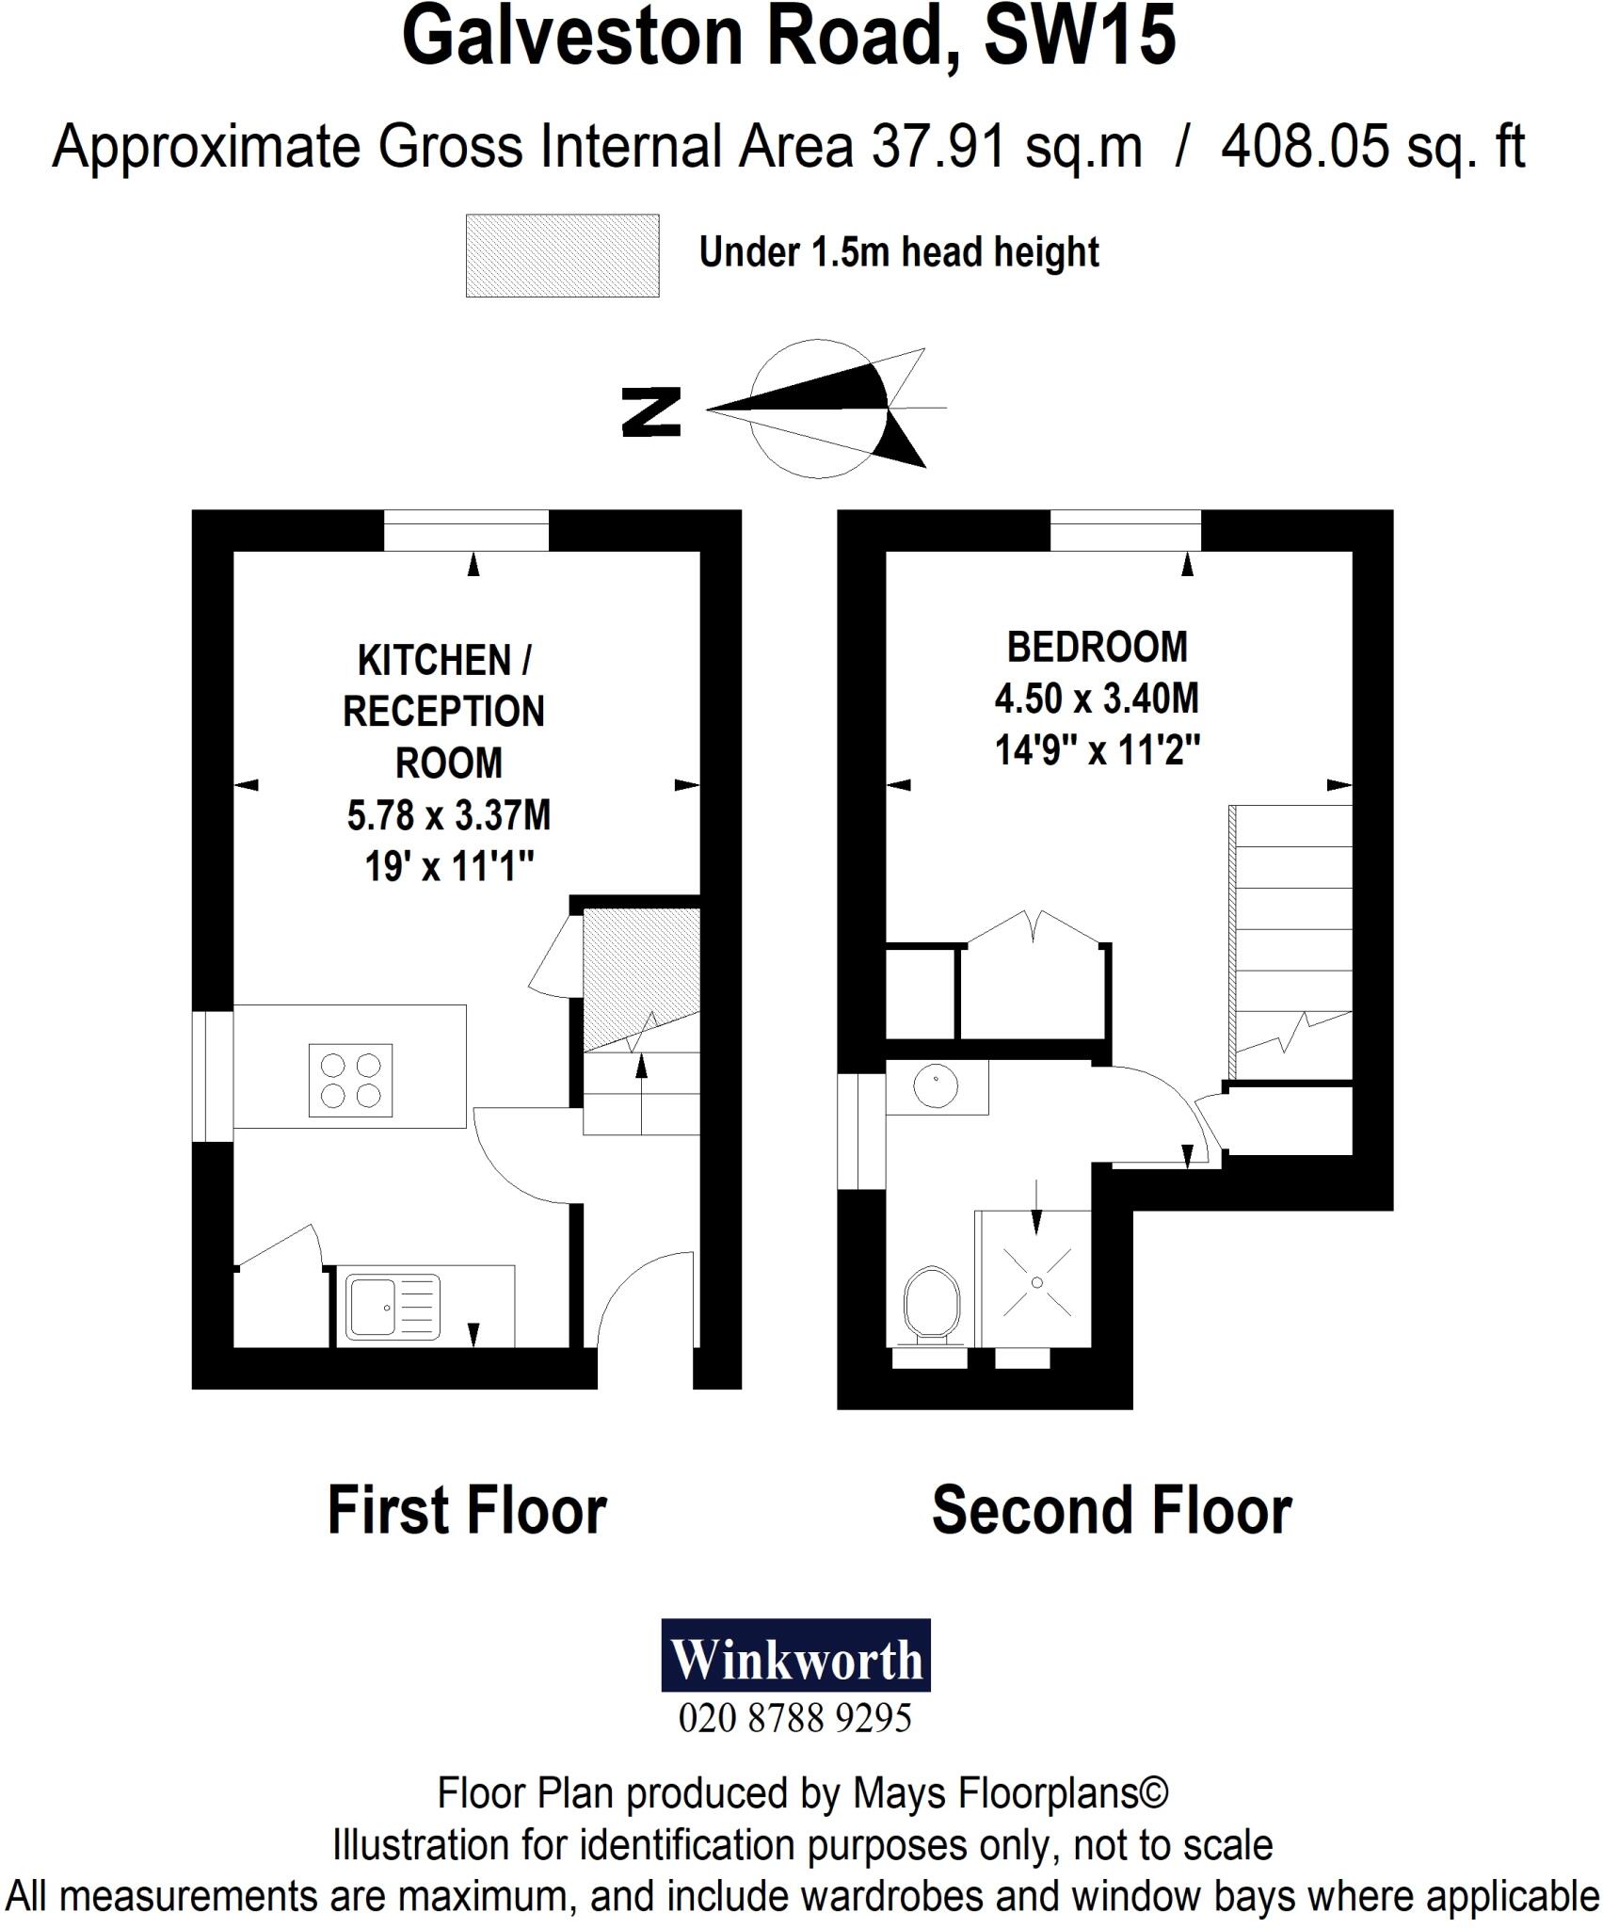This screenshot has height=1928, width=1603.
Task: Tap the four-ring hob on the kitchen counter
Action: point(350,1080)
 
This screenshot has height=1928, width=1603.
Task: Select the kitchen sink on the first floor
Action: point(393,1307)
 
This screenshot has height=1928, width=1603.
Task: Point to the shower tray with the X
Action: point(1036,1282)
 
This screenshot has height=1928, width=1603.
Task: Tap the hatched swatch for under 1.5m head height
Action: point(562,255)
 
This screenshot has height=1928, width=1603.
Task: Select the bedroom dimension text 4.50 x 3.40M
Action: point(1097,699)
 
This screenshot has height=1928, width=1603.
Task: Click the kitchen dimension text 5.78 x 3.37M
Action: point(449,815)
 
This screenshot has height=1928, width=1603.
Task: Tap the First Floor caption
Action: point(467,1510)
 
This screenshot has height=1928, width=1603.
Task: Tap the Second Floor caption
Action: point(1111,1510)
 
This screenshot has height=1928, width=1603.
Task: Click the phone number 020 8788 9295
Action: point(795,1719)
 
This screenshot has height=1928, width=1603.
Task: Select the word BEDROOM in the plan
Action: point(1097,648)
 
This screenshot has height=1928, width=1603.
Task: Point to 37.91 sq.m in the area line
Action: point(1006,148)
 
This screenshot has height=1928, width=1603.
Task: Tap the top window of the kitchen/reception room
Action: point(466,530)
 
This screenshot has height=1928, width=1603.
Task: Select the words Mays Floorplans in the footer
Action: point(1010,1793)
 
